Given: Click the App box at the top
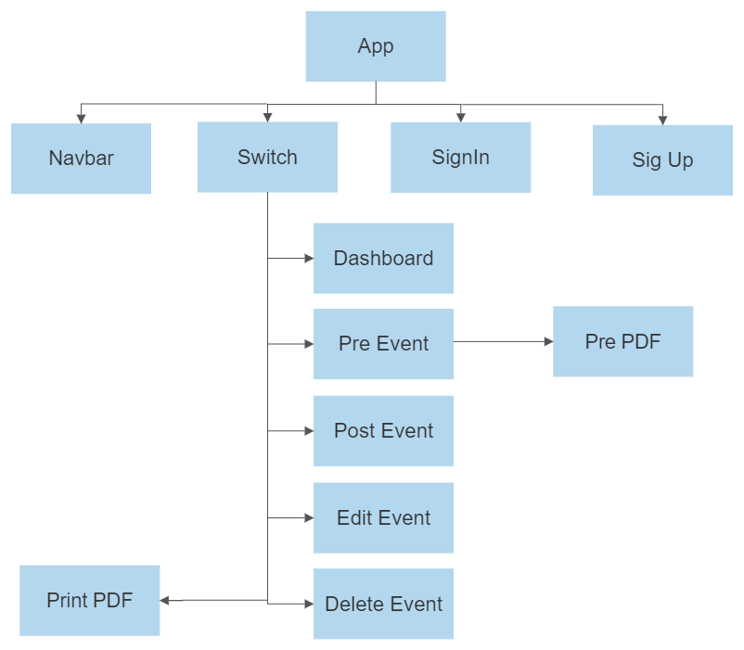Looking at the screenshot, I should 376,46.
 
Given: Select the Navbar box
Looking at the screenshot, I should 82,159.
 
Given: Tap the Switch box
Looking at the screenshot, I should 267,157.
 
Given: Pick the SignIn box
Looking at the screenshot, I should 460,157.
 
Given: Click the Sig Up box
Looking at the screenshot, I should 662,159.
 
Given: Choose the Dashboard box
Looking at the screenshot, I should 383,258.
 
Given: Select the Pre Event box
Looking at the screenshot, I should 383,344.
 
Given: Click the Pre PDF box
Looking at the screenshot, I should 622,341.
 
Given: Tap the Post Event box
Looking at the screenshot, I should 383,430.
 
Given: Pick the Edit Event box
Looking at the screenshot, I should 383,517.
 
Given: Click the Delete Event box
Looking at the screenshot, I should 383,604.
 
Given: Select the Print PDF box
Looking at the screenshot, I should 90,600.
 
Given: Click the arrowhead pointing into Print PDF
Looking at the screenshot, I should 165,601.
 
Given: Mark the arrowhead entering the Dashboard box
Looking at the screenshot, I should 309,259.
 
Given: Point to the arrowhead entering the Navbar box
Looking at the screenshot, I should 82,118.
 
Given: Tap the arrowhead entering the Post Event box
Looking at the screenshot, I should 309,431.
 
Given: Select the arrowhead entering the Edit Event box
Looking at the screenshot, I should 309,517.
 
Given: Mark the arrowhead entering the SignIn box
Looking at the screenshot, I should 460,117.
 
